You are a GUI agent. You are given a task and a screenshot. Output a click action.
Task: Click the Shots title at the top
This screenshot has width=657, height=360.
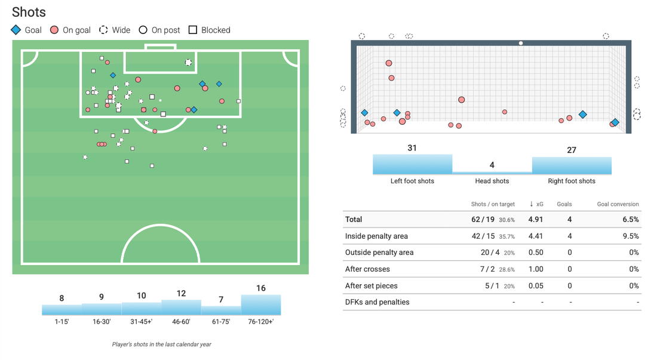coord(29,12)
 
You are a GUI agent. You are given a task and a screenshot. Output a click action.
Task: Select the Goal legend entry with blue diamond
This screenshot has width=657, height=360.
coord(26,30)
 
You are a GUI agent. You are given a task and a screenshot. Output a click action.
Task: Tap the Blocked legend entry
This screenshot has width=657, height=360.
coord(209,30)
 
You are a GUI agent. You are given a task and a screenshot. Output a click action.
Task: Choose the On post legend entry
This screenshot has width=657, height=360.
coord(159,30)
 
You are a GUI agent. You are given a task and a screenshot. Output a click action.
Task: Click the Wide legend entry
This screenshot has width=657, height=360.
coord(114,30)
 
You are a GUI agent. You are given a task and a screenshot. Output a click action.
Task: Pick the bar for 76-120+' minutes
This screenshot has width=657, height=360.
coord(261,304)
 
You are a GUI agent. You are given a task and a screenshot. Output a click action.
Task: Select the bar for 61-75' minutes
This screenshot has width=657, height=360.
coord(221,310)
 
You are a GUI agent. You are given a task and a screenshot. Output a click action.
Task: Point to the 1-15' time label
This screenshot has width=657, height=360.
coord(62,321)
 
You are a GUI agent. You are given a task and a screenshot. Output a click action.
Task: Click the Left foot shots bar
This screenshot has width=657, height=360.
coord(412,164)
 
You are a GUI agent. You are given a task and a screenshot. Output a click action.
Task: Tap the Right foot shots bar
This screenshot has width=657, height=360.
coord(572,165)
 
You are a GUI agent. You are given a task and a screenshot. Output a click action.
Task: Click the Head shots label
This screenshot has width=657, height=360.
coord(492,181)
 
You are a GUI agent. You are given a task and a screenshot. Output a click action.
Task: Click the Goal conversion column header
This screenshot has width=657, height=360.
coord(618,204)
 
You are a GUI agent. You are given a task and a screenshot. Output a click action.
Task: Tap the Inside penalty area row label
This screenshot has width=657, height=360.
coord(376,236)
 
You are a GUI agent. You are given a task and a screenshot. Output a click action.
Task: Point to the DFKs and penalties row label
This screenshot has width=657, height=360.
coord(377,302)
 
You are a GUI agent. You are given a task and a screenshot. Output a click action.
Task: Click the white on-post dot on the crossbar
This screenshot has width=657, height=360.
coord(521,43)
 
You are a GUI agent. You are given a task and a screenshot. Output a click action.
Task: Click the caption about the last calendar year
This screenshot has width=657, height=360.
coord(161,344)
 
